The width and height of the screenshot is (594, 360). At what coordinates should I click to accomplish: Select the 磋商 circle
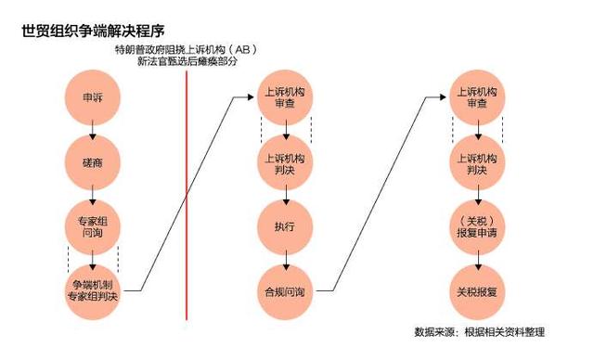pos(93,163)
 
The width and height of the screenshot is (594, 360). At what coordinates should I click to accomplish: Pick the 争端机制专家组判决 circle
pos(93,290)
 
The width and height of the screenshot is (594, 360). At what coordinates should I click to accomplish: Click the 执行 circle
pos(285,225)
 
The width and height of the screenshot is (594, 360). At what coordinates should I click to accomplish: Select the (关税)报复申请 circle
pos(477,225)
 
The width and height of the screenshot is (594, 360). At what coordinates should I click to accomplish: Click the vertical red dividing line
pos(187,186)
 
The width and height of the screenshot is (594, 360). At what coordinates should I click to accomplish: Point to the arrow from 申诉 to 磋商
pos(93,130)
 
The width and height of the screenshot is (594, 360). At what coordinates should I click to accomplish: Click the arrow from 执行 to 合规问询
pos(285,259)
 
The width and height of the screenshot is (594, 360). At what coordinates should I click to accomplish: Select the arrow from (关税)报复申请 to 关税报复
pos(477,259)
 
